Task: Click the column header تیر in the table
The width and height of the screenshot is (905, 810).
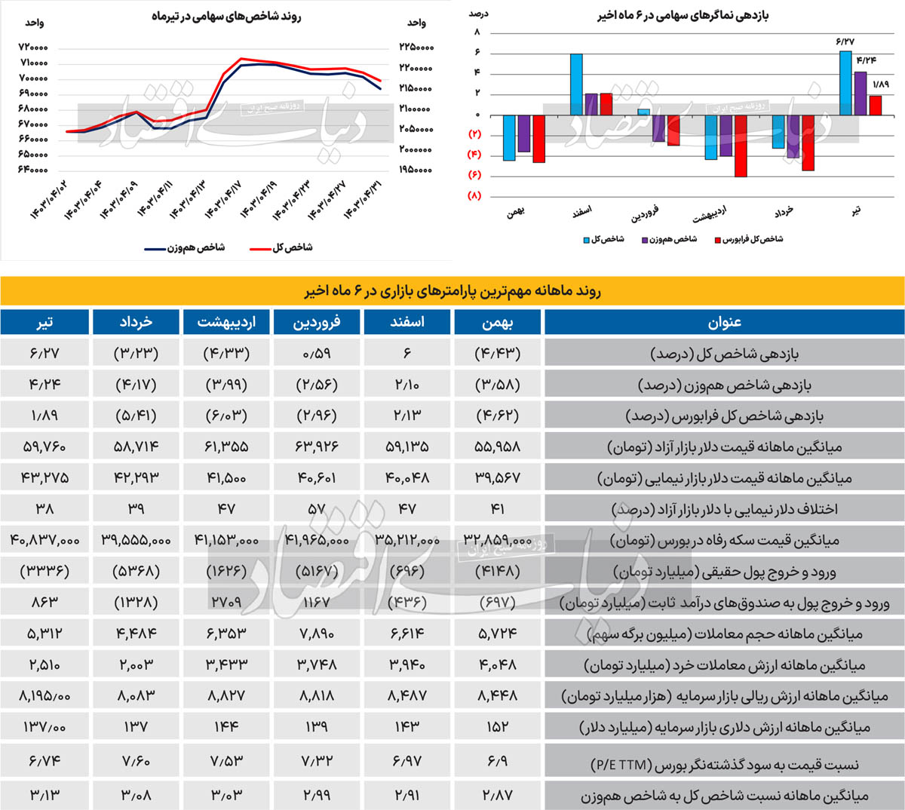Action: click(44, 322)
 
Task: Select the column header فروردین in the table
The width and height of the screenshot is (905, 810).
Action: click(317, 322)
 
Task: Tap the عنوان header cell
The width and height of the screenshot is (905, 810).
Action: click(724, 322)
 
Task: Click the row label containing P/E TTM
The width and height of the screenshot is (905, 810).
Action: click(724, 764)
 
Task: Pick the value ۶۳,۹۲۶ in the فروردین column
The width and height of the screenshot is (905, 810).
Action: click(317, 446)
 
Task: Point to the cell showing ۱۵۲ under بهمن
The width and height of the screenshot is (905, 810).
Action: click(498, 726)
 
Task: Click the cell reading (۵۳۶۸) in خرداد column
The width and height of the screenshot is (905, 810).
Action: click(136, 571)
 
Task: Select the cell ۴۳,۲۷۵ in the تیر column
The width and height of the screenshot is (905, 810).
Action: click(44, 477)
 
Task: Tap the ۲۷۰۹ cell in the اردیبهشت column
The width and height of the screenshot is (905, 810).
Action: click(226, 602)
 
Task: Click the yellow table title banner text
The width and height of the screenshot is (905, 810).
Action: click(452, 291)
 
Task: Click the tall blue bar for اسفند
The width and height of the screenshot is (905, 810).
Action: click(576, 84)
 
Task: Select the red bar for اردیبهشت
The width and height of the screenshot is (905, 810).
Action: click(741, 146)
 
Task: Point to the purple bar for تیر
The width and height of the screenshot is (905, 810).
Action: click(860, 93)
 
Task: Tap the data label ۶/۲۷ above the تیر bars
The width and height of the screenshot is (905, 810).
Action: click(845, 41)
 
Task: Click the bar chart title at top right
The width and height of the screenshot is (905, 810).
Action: click(683, 15)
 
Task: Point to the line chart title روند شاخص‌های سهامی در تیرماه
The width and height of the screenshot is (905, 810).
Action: click(226, 16)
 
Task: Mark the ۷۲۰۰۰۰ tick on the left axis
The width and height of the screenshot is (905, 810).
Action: click(33, 48)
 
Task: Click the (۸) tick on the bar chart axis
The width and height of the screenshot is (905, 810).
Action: click(474, 196)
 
